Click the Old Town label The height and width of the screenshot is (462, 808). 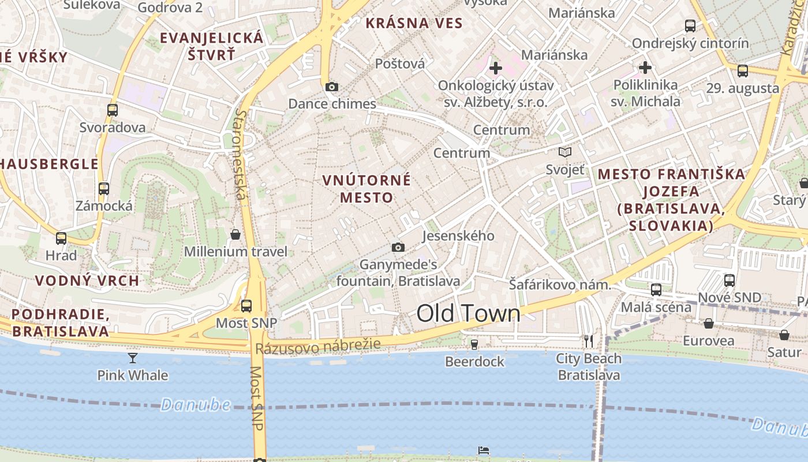click(468, 314)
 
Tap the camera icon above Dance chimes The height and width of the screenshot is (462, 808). click(332, 87)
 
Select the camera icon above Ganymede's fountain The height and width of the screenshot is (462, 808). click(398, 248)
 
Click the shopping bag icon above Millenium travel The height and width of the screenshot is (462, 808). click(235, 234)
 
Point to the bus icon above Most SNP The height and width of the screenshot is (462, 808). click(246, 305)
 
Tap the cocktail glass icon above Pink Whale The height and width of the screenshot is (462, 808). click(133, 358)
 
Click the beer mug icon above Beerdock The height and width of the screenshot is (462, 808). click(474, 345)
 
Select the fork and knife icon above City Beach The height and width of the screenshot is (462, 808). click(588, 341)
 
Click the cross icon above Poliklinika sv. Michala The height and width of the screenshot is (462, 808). click(645, 68)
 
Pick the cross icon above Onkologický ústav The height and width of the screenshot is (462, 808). click(495, 68)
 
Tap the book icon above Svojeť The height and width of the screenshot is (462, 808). click(565, 152)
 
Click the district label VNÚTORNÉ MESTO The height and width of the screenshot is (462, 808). click(366, 188)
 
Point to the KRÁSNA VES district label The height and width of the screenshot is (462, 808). click(414, 23)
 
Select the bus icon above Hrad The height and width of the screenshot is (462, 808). click(61, 238)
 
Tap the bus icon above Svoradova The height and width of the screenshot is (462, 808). click(113, 110)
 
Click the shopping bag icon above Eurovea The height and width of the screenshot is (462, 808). click(708, 323)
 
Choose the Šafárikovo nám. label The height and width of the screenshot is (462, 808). click(559, 285)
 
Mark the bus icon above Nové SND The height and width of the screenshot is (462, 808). click(730, 281)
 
